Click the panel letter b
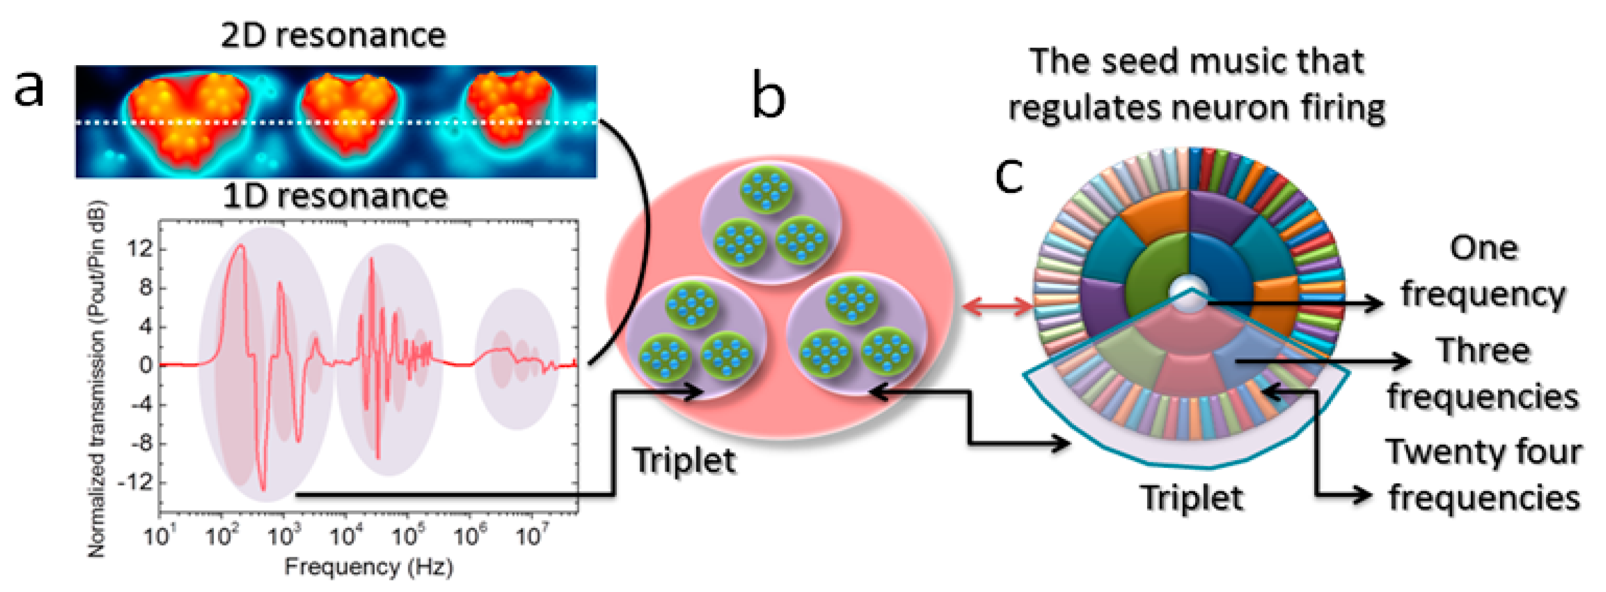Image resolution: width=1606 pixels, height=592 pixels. point(768,95)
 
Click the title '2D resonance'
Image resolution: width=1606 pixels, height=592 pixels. point(334,35)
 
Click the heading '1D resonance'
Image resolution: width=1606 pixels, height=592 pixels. point(335,196)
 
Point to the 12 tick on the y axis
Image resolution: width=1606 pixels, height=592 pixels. point(140,250)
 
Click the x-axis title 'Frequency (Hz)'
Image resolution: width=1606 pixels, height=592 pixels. point(368,566)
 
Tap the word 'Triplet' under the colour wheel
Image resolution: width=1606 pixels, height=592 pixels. point(1192,498)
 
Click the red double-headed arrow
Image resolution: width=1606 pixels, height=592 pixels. point(996,305)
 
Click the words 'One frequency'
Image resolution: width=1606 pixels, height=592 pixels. point(1482,271)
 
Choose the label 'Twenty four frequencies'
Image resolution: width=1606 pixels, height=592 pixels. point(1482,474)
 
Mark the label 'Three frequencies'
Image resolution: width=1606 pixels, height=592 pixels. point(1482,373)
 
